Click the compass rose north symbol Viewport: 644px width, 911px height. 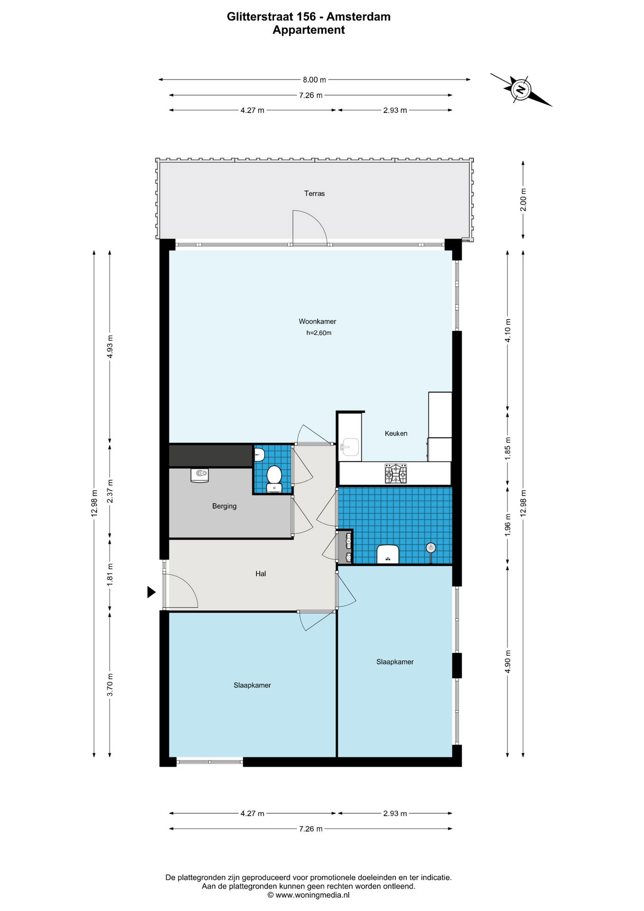pos(521,89)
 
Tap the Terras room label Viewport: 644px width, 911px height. pos(314,194)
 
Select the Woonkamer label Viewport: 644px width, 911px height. pos(317,322)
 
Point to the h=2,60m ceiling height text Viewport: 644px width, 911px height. pos(319,333)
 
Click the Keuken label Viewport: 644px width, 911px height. pos(396,434)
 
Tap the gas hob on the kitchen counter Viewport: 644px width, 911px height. pos(396,474)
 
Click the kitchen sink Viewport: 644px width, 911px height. pos(350,447)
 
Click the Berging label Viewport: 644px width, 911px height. pos(224,506)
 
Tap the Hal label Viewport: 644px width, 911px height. pos(261,574)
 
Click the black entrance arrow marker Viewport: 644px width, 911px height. pos(151,592)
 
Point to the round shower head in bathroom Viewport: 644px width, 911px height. pos(431,548)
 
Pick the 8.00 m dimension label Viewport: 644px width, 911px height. pos(314,80)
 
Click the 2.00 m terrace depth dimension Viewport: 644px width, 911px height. pos(523,200)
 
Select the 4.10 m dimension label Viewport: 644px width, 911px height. pos(507,331)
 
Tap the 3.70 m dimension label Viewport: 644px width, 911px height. pos(110,685)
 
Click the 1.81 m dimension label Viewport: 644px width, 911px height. pos(110,575)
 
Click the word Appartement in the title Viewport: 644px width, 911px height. pos(309,30)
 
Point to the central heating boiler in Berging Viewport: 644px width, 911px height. pos(200,475)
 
